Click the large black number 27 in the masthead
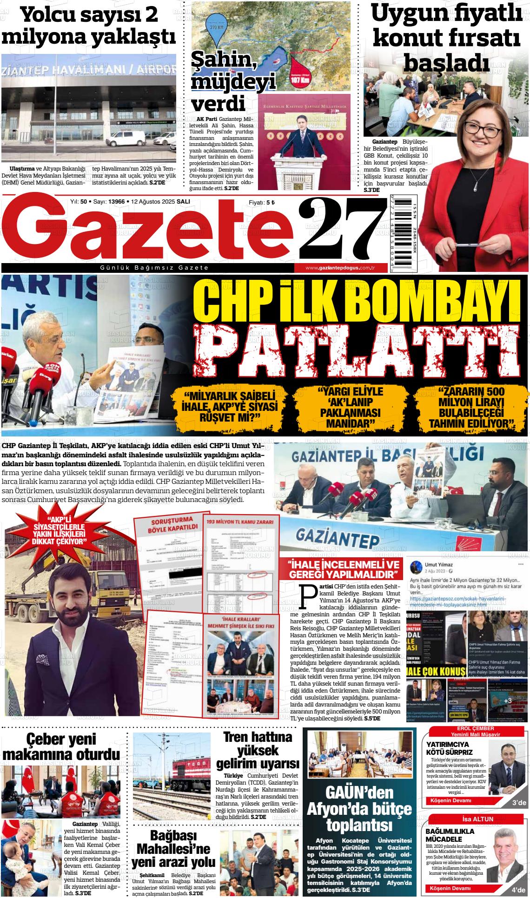click(x=342, y=229)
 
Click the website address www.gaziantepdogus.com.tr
click(x=340, y=268)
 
